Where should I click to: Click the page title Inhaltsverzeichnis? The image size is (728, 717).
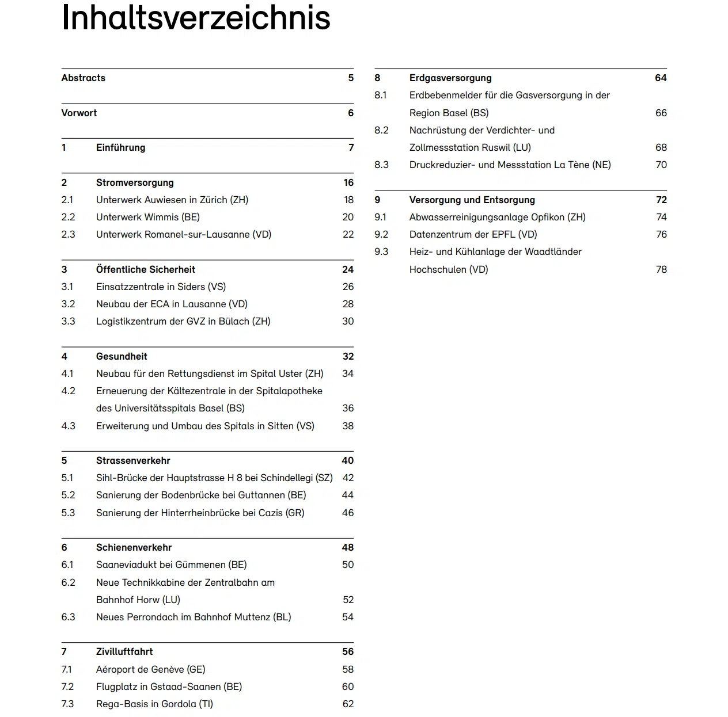pos(196,18)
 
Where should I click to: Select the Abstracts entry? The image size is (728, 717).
pos(84,78)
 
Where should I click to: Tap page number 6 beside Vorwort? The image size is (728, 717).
pos(351,113)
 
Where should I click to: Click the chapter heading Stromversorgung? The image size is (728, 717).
pos(135,183)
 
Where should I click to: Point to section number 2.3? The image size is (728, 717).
pos(68,235)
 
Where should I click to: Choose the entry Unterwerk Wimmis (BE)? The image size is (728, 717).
pos(148,218)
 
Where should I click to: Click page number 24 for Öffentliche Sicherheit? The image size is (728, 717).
pos(348,270)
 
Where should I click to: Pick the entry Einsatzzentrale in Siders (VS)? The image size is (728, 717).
pos(161,287)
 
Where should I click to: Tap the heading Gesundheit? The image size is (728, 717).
pos(122,357)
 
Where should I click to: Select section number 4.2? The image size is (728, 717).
pos(68,391)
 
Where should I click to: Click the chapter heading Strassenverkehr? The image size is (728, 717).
pos(133,461)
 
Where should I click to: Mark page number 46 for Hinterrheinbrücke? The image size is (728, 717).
pos(348,513)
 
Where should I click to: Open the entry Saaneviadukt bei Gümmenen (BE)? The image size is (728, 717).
pos(171,565)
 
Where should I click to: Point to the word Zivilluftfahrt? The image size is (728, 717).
pos(124,652)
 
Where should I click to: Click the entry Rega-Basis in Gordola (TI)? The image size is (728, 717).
pos(154,704)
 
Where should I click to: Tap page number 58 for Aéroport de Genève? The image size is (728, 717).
pos(348,670)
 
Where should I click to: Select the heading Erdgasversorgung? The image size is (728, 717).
pos(450,78)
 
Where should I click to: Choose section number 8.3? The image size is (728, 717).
pos(381,165)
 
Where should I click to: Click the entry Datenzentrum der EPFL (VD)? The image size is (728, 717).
pos(473,235)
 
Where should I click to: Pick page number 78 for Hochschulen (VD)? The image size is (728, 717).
pos(661,270)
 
